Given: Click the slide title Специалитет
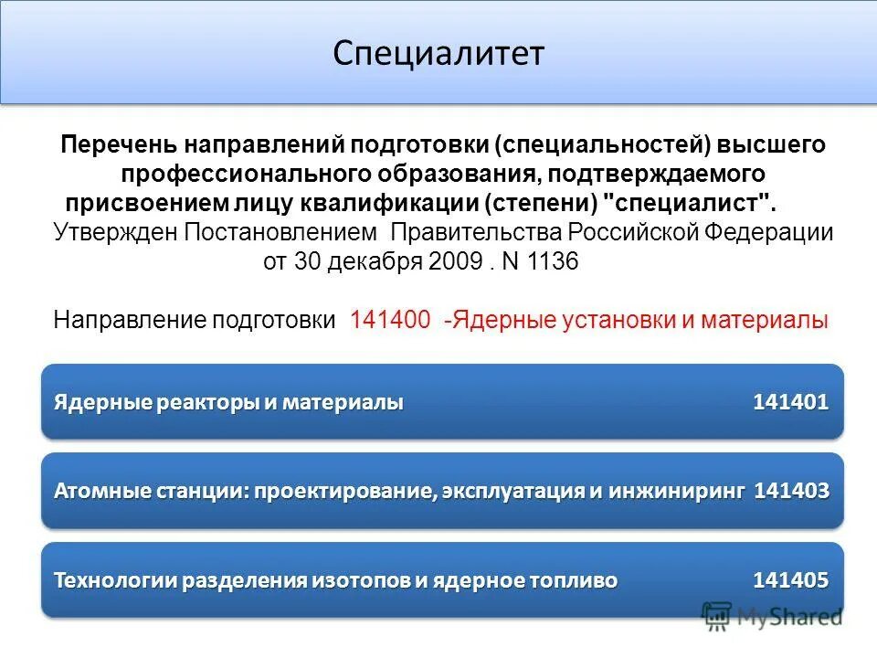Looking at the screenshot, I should (438, 53).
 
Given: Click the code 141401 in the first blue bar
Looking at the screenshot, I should (790, 402).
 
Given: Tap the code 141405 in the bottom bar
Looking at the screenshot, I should (790, 579).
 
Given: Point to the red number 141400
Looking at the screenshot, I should (390, 321).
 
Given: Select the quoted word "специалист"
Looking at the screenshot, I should (695, 201).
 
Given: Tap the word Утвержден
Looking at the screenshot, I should (115, 231).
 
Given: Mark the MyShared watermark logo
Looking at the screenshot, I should (773, 617).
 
